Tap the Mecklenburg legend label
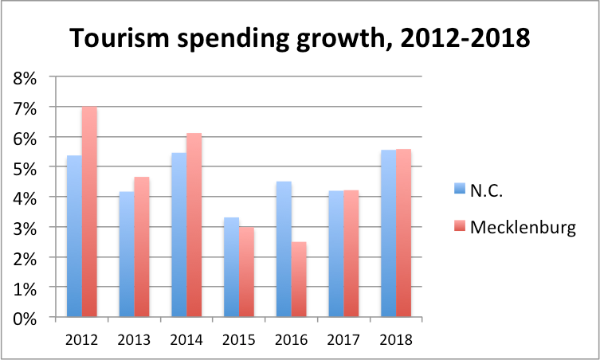pyautogui.click(x=522, y=229)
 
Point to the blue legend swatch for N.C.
pyautogui.click(x=457, y=190)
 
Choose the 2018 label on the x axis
pyautogui.click(x=397, y=338)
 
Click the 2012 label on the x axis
pyautogui.click(x=82, y=338)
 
